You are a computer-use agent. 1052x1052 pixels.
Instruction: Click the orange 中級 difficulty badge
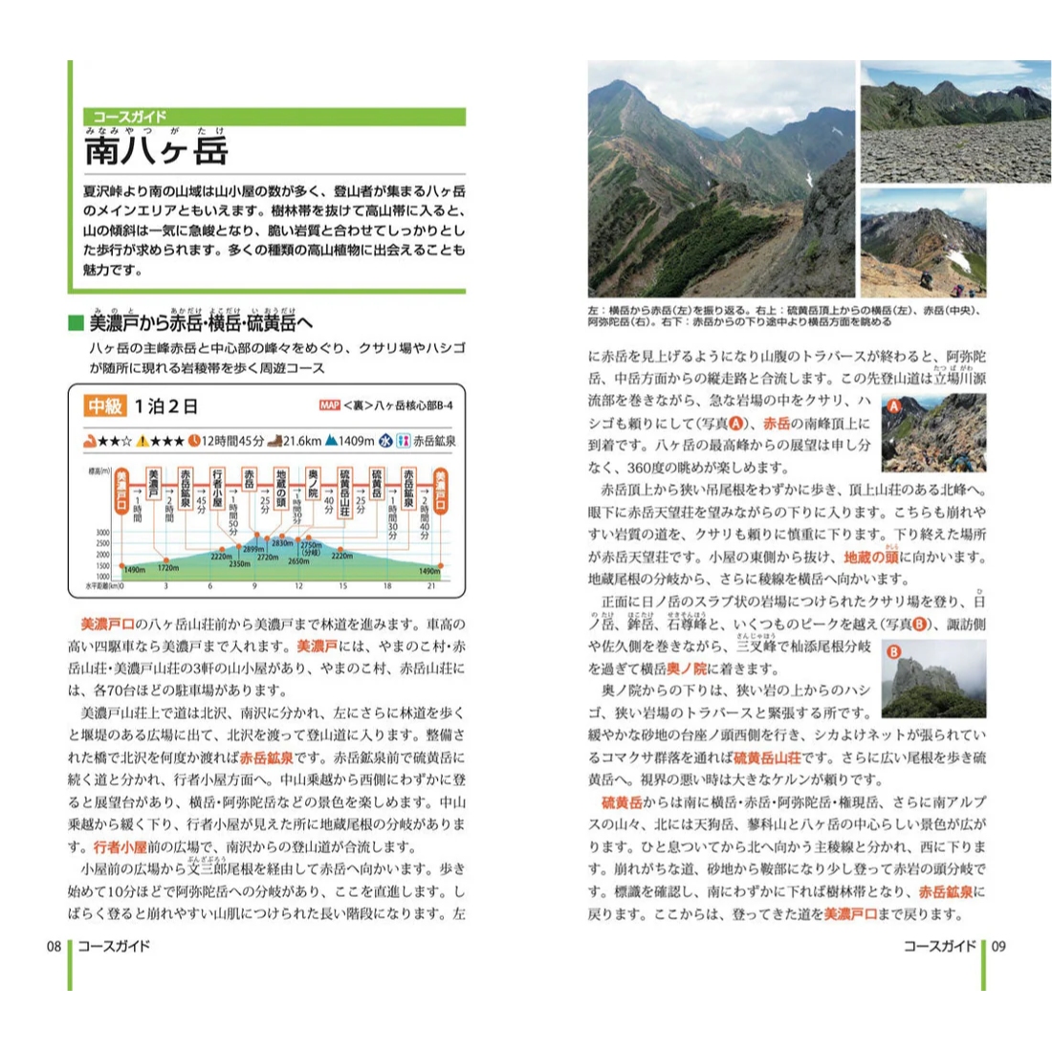coord(105,406)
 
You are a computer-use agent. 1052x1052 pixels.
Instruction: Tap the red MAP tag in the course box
coord(329,405)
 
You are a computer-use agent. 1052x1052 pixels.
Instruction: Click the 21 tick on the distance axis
coord(431,586)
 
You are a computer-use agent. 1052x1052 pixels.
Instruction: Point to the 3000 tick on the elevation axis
coord(102,533)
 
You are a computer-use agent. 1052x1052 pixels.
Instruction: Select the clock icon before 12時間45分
coord(194,441)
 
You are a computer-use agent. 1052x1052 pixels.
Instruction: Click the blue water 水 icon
coord(386,441)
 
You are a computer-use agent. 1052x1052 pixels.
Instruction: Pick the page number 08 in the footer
coord(55,946)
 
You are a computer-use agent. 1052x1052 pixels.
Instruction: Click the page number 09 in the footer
coord(997,946)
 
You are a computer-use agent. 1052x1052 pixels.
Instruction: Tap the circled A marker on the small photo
coord(894,405)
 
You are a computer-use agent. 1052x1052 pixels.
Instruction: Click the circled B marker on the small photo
coord(894,653)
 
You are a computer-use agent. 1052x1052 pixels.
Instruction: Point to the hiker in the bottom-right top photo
coord(925,277)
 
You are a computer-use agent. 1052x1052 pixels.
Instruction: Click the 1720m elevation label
coord(168,569)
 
